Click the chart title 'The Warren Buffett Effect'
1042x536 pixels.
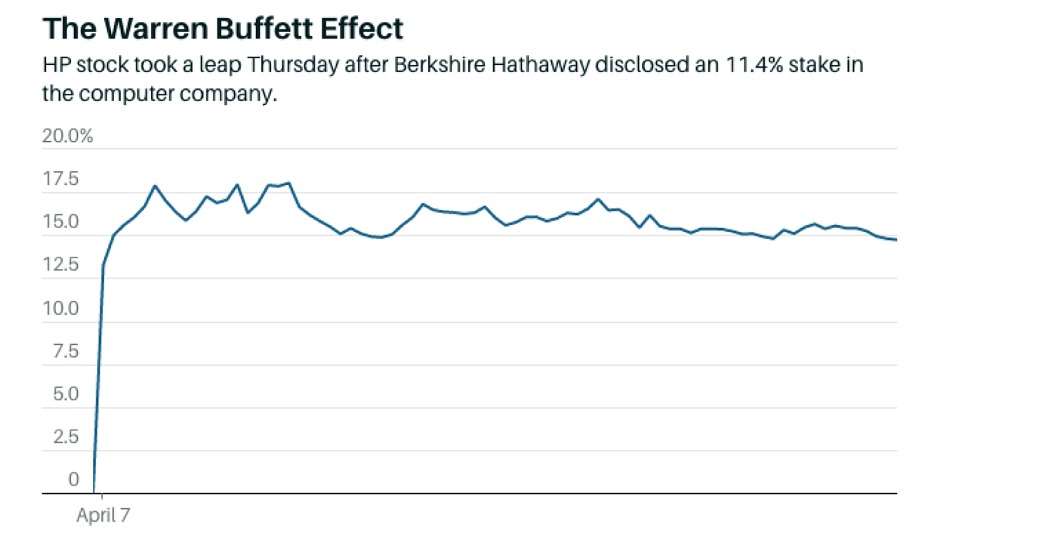point(223,29)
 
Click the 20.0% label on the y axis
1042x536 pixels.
point(68,137)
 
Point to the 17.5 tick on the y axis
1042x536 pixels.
point(62,180)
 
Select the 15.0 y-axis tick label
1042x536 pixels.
point(62,223)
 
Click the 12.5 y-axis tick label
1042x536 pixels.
point(62,266)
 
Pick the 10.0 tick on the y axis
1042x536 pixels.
point(62,309)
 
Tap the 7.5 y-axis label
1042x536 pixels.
point(66,352)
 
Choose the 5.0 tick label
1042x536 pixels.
point(66,395)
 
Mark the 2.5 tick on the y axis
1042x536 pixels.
point(66,438)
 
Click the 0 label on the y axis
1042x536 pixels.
point(73,480)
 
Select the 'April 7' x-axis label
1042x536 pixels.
point(103,516)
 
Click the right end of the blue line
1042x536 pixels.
point(896,240)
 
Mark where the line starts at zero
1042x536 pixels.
point(94,492)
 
